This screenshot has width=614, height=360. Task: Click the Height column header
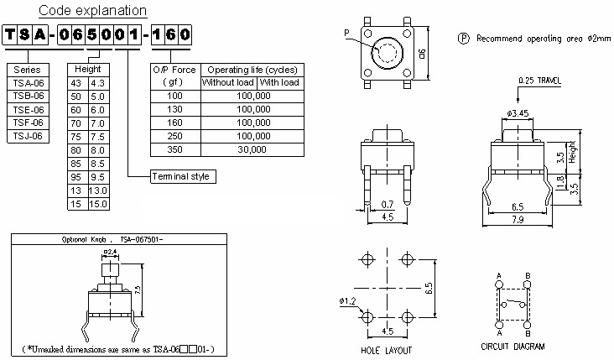coord(88,69)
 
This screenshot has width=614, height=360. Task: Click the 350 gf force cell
coord(174,149)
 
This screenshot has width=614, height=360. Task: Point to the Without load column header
coord(227,82)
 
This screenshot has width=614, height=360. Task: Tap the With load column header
coord(279,82)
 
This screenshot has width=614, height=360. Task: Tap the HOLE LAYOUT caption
coord(385,346)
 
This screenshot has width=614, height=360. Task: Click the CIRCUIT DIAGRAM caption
coord(513,346)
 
